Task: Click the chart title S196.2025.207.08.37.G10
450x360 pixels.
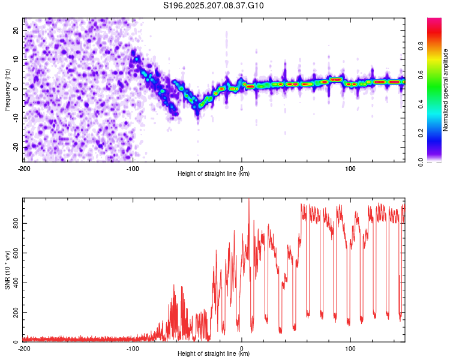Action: [x=213, y=5]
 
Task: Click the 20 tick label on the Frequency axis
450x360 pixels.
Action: [x=16, y=30]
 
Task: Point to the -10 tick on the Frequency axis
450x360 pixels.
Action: [x=16, y=118]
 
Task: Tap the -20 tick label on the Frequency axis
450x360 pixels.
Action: [x=16, y=147]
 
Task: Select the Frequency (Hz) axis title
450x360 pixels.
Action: [x=7, y=90]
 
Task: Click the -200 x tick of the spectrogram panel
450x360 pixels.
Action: [x=24, y=169]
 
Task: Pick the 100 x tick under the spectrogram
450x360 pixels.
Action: [x=350, y=169]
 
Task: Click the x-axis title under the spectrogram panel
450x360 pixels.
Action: [x=214, y=173]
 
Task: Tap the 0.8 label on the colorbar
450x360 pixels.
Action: [x=421, y=46]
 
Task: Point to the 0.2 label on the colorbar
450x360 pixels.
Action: [x=421, y=133]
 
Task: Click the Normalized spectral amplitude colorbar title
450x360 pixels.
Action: [x=445, y=90]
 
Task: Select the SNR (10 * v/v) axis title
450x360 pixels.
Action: [x=7, y=270]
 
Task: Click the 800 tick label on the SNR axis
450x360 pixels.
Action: [x=16, y=223]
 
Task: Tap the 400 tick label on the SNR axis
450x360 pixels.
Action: [x=16, y=283]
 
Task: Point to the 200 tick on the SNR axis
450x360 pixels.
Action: [x=16, y=312]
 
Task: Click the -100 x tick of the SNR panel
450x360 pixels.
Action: [x=133, y=349]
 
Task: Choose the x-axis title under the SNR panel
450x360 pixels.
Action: [x=214, y=353]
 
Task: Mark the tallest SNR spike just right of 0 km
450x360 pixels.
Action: [x=249, y=199]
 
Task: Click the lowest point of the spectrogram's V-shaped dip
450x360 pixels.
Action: [x=197, y=114]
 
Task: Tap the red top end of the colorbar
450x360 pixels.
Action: [x=434, y=19]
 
